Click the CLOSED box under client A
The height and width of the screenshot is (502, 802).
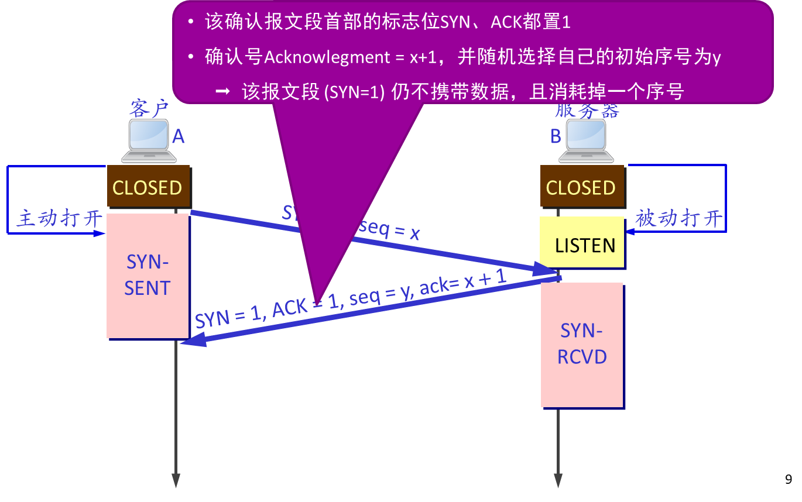[x=148, y=187]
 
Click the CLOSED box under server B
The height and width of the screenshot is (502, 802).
[x=581, y=187]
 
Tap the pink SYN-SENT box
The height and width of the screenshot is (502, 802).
[x=148, y=276]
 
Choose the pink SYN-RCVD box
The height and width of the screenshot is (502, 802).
[x=582, y=345]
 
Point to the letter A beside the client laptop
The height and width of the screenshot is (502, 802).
[x=178, y=137]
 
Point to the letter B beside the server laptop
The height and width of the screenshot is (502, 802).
[x=556, y=137]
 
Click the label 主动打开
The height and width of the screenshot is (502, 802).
[x=59, y=219]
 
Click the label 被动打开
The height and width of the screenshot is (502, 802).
[x=679, y=219]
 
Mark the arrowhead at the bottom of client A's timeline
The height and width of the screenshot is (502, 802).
[x=176, y=480]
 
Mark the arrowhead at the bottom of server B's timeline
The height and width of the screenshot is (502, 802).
[x=558, y=480]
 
